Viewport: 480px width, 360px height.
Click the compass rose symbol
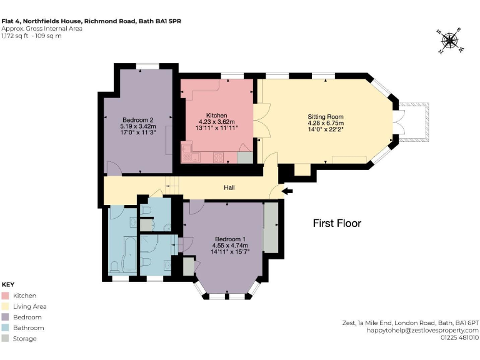[449, 41]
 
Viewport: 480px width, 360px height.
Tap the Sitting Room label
[325, 116]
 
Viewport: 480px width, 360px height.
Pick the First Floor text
[337, 223]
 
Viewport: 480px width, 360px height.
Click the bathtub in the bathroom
[128, 255]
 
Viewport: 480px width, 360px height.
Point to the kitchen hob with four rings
[219, 156]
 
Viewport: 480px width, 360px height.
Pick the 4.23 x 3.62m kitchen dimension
[216, 122]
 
